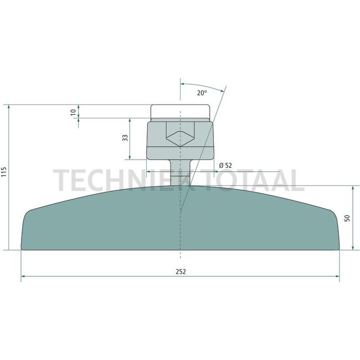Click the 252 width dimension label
tap(181, 271)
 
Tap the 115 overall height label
tap(4, 172)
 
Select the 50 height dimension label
tap(347, 218)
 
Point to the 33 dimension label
tap(125, 138)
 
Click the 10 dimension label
tap(73, 112)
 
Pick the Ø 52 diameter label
tap(225, 165)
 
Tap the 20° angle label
tap(202, 93)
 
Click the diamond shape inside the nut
tap(180, 138)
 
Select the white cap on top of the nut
tap(180, 111)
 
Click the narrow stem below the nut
tap(180, 173)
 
